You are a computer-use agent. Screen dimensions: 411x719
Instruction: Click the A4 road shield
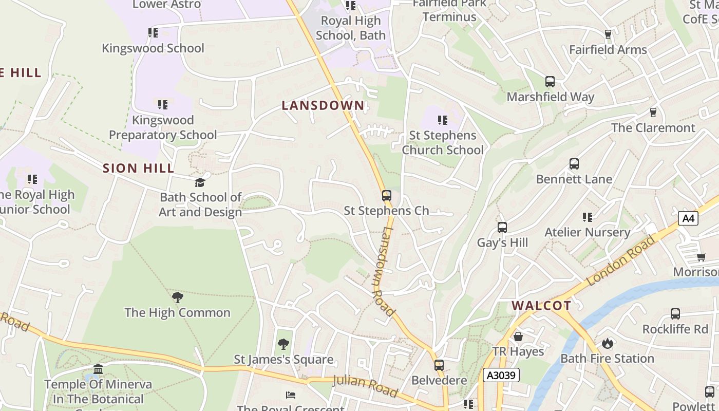688,218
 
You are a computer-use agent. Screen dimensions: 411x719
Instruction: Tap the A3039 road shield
501,376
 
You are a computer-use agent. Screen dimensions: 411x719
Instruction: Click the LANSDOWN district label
323,105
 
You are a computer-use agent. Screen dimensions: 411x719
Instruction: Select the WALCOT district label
541,306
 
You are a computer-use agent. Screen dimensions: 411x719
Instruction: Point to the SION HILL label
139,168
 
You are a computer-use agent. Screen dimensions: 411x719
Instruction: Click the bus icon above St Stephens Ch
387,196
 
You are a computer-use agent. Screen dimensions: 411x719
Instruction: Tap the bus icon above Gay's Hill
502,228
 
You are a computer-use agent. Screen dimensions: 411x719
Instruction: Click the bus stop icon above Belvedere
439,365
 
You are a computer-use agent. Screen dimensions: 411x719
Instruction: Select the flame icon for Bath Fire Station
608,343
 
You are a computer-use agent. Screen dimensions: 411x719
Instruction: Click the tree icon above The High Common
178,297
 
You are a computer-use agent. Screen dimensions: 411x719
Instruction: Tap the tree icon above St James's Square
283,344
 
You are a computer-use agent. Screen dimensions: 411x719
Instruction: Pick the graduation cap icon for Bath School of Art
200,182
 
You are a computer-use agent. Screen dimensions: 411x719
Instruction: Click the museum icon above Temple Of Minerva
98,369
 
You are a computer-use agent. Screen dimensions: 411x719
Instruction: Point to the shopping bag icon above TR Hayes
518,337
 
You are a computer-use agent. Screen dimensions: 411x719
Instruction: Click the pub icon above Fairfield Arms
608,34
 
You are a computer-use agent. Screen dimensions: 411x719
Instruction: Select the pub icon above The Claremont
653,112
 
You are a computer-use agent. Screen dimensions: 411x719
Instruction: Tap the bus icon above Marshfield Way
550,81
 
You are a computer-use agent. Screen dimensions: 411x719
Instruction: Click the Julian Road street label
365,386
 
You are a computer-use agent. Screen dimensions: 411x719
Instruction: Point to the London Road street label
621,260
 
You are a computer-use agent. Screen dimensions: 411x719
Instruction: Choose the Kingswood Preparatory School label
163,127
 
